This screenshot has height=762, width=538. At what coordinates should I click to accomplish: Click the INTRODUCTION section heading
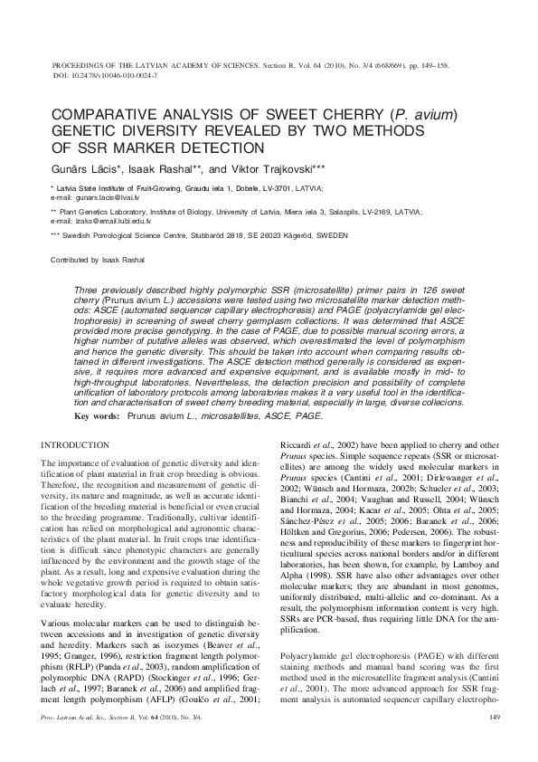77,445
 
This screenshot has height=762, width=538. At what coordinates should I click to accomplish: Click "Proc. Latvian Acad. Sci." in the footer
87,718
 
